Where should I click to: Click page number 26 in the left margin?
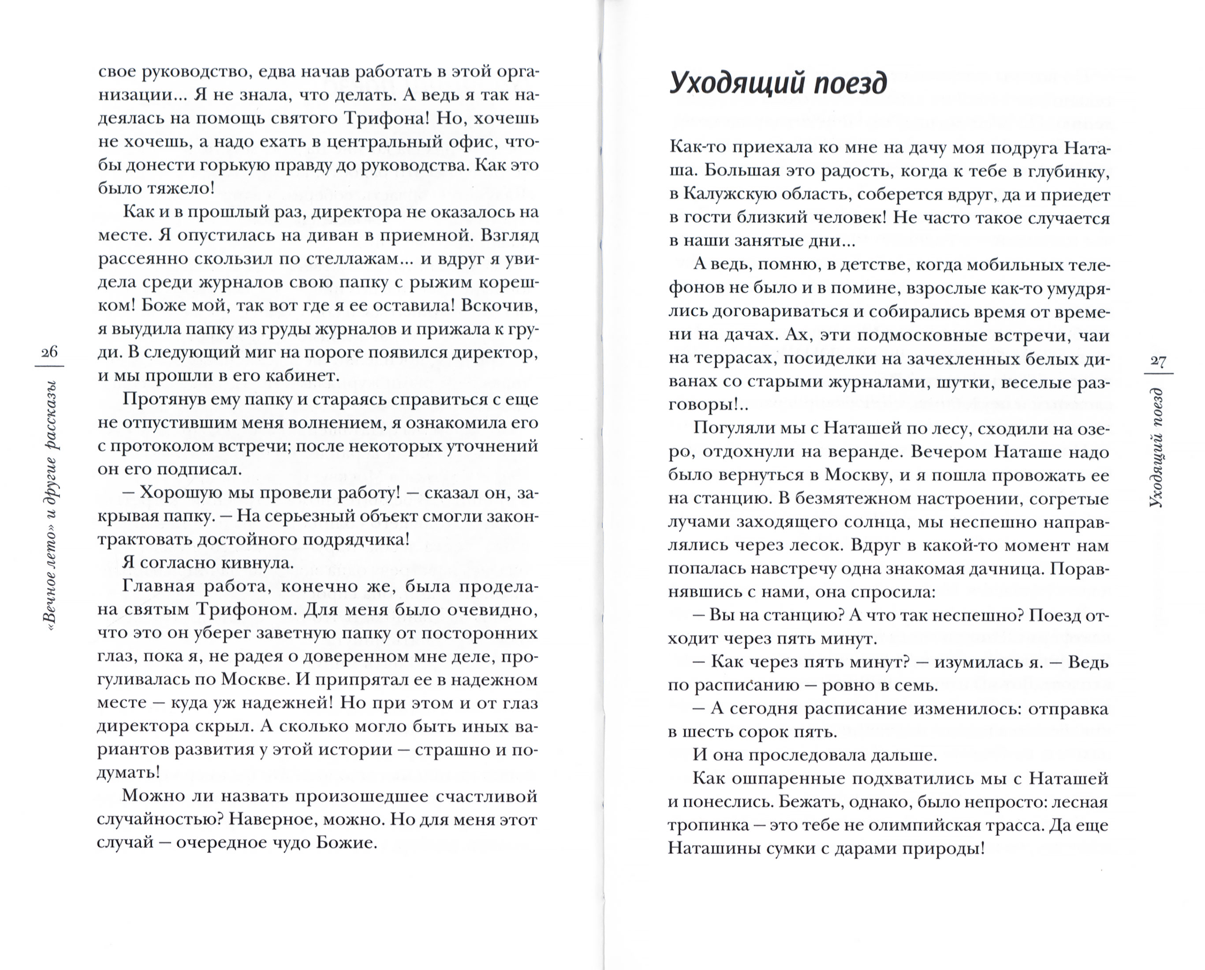(49, 351)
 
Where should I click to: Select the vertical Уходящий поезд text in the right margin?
(1157, 447)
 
